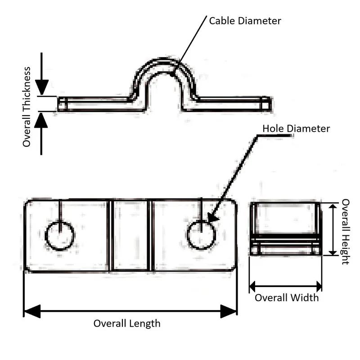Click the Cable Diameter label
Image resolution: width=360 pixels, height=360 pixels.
tap(245, 21)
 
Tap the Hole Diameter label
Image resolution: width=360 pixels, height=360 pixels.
tap(296, 129)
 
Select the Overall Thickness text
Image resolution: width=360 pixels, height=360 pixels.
tap(27, 107)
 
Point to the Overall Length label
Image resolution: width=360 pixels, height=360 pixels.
tap(127, 323)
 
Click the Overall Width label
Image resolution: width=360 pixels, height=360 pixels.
tap(287, 298)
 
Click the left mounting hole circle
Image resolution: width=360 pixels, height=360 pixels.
tap(60, 235)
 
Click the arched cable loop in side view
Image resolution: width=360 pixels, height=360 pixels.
tap(165, 67)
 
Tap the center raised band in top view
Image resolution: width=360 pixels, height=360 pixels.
tap(130, 235)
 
